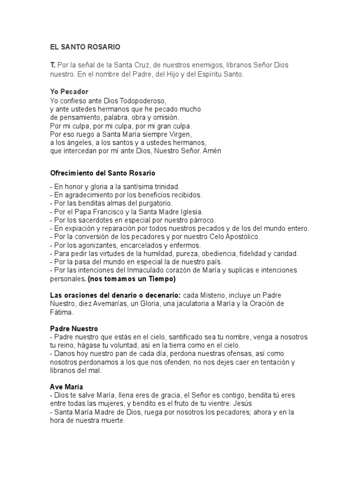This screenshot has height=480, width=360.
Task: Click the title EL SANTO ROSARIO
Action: [x=85, y=47]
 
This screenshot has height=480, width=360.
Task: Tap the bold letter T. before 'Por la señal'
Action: [x=52, y=65]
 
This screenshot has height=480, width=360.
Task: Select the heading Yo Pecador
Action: [x=69, y=91]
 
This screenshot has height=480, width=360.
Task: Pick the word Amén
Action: [x=212, y=151]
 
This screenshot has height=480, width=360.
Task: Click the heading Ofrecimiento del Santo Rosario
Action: [x=103, y=173]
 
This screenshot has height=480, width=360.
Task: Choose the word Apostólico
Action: [x=239, y=237]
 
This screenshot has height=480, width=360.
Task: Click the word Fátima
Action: [x=60, y=312]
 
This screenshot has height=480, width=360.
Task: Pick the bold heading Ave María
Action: [x=67, y=387]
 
